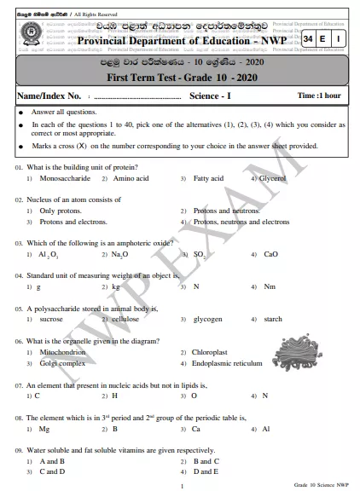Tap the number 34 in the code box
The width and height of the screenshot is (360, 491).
pyautogui.click(x=312, y=40)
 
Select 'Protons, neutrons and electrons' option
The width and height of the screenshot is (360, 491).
pyautogui.click(x=241, y=222)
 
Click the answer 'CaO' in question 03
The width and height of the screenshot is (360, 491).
pyautogui.click(x=270, y=254)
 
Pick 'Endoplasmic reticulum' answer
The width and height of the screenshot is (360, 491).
pyautogui.click(x=228, y=363)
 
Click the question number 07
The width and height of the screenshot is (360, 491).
pyautogui.click(x=18, y=385)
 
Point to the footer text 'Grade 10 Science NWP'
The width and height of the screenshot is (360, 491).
pyautogui.click(x=319, y=484)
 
